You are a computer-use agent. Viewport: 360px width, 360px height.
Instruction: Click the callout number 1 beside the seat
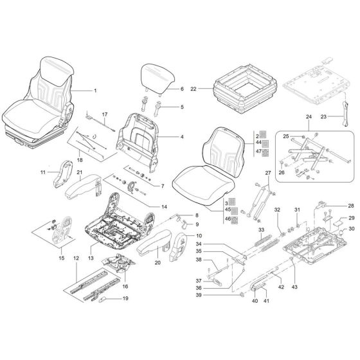tap(94, 91)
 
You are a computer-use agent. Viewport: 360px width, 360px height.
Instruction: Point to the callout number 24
tap(309, 117)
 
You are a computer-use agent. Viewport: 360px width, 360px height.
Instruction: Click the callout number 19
tap(125, 298)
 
